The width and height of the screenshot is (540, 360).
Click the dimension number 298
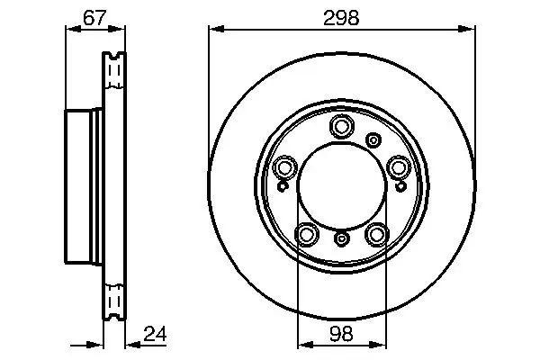341,18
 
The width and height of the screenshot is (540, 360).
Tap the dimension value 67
94,18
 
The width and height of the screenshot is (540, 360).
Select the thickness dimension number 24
155,334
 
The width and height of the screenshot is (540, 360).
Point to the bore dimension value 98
342,334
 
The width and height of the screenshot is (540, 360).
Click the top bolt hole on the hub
342,126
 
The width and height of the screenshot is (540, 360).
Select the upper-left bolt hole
284,167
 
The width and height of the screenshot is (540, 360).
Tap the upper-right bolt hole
399,167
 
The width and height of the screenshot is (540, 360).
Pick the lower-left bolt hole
307,235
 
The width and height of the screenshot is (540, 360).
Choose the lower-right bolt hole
377,235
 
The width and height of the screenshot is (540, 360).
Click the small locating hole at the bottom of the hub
342,238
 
